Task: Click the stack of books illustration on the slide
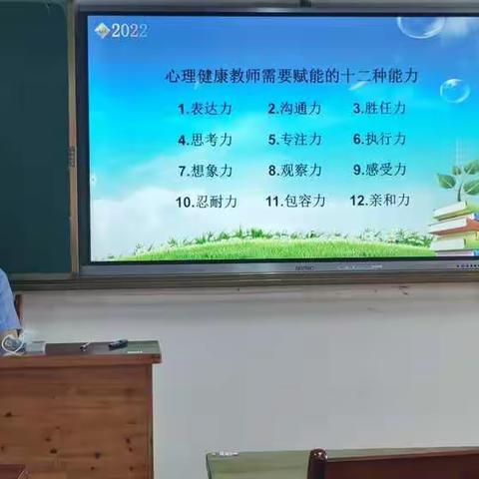(x=454, y=228)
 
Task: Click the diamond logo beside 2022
(x=101, y=31)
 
